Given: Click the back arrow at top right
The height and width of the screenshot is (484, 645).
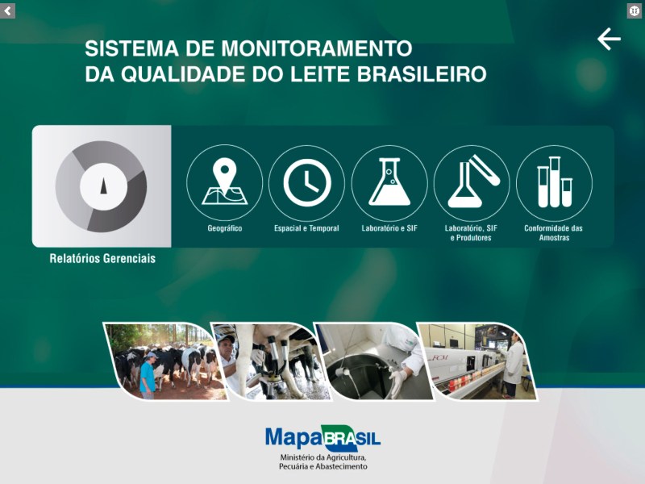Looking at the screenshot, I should pos(609,39).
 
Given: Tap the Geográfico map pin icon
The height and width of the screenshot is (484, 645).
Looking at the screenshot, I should pos(224,182).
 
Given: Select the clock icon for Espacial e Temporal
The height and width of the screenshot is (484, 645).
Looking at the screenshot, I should pos(306,182).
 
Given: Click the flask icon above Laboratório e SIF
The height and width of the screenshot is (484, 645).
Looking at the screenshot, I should pos(389,182).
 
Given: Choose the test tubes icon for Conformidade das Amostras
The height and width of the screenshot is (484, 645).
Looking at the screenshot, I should pos(554,182).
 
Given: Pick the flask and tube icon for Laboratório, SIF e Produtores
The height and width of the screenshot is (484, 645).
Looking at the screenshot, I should pos(472,182).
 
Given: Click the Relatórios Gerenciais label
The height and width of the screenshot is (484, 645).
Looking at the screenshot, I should pos(102,259).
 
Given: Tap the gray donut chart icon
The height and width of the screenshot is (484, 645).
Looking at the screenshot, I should pos(102,186).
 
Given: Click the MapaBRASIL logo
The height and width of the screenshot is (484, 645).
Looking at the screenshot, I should pos(322,438).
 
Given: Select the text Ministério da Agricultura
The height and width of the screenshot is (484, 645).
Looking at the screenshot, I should pos(322,457).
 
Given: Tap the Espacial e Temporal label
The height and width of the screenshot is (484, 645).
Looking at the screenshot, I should pos(306,228).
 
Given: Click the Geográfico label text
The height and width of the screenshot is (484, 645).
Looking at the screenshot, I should pos(224,228).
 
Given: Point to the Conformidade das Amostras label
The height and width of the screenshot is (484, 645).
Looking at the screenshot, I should pos(553,233).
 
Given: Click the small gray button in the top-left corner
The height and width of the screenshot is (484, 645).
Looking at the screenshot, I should pos(8,10).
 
